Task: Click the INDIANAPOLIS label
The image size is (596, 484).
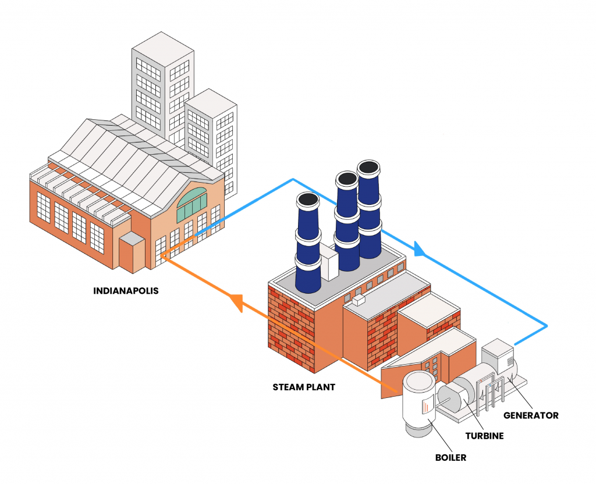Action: pos(126,290)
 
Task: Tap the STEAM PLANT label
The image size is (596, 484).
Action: pos(304,387)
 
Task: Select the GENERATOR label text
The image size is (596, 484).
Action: pos(531,415)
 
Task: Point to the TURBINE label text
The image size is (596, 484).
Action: pos(484,435)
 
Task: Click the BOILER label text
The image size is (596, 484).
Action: pos(450,457)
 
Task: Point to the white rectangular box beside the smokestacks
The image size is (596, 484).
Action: pos(329,264)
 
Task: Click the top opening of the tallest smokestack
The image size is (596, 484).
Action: pos(369,168)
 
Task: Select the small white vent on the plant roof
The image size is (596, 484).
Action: pos(357,300)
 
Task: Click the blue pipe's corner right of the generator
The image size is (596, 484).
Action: pos(547,324)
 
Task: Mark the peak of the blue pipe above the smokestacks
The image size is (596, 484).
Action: pos(293,179)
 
